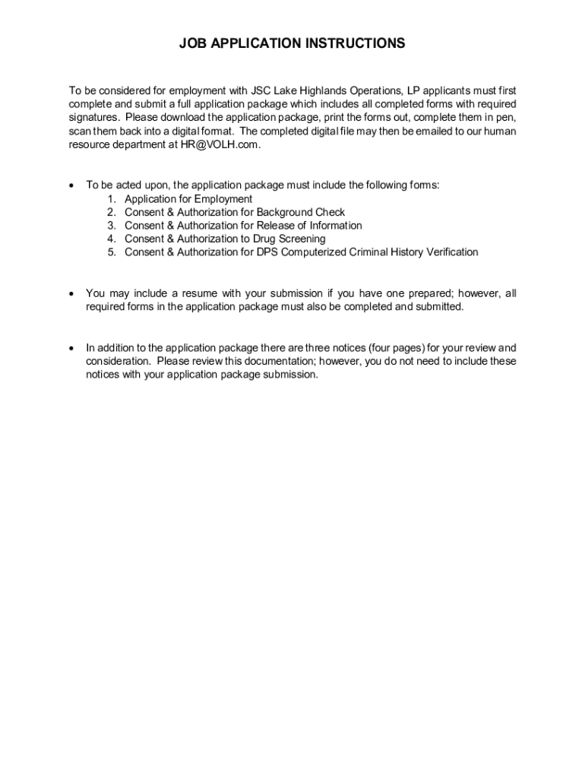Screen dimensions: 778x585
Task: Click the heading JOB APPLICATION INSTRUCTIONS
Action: pos(292,44)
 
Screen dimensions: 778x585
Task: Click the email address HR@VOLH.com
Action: pos(220,145)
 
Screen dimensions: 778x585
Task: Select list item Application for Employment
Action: pos(188,199)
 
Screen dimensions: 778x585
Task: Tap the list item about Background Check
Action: pos(235,212)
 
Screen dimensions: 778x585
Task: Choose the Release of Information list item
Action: pos(243,226)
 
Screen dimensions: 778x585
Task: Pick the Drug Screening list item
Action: pos(225,239)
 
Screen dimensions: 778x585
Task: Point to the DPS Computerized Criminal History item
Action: pos(302,251)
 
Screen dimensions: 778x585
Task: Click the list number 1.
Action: pos(111,199)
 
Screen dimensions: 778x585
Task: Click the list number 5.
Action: pos(111,251)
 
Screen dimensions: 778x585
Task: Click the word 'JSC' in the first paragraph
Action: pos(263,91)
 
